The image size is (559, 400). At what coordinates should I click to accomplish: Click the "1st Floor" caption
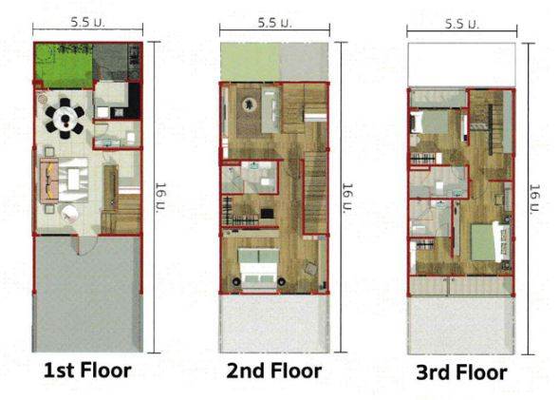[87, 370]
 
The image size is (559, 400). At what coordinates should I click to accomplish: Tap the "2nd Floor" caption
[273, 371]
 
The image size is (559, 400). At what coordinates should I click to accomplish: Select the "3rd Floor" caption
[461, 372]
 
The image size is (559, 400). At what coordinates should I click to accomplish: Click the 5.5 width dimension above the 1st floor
[87, 23]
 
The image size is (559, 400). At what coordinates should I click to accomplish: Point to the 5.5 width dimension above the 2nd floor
[274, 23]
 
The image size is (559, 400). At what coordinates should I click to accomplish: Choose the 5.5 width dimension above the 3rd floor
[461, 24]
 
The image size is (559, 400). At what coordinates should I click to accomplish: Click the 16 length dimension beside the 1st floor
[160, 198]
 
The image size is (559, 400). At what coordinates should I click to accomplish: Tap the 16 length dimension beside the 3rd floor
[534, 200]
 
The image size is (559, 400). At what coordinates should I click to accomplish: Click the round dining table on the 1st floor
[65, 118]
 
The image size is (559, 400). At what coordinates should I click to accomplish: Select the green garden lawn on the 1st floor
[65, 66]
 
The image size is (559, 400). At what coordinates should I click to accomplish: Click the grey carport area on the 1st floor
[87, 294]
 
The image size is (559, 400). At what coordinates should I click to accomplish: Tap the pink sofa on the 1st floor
[49, 181]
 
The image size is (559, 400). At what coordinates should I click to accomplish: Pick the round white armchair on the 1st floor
[69, 213]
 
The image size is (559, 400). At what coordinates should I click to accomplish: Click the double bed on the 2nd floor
[258, 268]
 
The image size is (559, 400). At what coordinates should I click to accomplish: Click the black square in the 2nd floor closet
[268, 214]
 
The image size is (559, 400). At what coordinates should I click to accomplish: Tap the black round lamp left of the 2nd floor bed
[236, 281]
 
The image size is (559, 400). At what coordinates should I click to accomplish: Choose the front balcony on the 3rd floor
[461, 285]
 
